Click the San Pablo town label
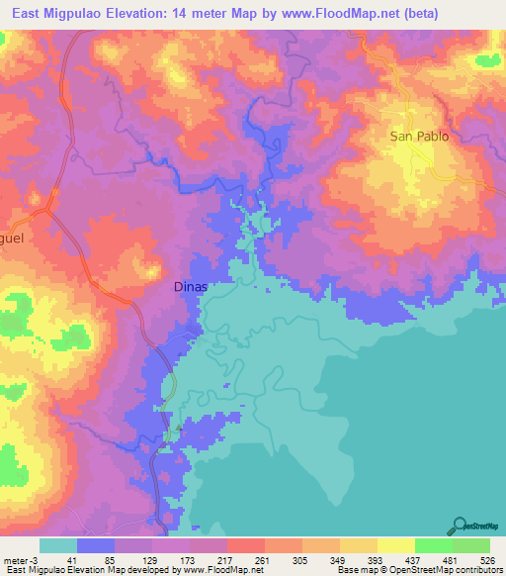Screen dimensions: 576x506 [419, 137]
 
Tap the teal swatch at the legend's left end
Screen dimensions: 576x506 [58, 545]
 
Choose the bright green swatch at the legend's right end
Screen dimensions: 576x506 [471, 545]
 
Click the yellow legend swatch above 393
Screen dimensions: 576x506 [359, 545]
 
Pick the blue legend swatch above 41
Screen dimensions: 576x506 [96, 545]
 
